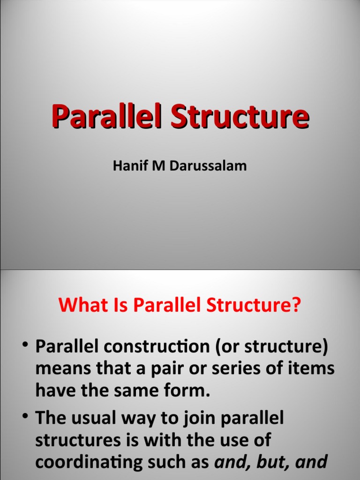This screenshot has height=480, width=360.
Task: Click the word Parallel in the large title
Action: pos(107,117)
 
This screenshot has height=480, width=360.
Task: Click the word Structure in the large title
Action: pos(240,117)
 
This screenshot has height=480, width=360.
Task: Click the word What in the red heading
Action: pos(79,306)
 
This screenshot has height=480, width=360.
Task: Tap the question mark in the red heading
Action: pos(295,306)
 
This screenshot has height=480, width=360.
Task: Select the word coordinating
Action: pos(98,463)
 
